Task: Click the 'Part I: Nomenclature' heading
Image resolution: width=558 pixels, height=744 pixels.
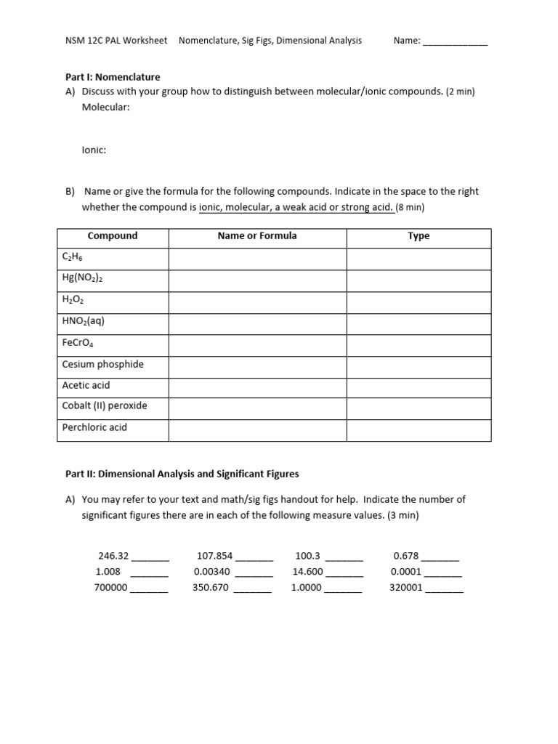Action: pos(113,76)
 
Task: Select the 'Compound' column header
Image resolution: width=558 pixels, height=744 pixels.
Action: pos(113,236)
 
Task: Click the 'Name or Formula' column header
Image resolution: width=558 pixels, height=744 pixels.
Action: pos(257,236)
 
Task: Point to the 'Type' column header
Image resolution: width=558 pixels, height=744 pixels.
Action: pos(418,236)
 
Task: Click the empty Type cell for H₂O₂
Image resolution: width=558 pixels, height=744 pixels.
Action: pos(418,299)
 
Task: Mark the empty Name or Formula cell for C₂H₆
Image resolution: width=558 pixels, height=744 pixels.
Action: pos(257,257)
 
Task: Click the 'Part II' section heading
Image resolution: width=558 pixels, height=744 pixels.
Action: pos(182,474)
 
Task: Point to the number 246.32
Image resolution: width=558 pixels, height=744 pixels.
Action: pos(113,556)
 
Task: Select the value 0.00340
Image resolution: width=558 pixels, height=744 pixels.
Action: pos(212,572)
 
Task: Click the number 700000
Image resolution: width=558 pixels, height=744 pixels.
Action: pos(111,588)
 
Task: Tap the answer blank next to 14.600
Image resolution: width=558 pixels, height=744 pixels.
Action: pos(344,574)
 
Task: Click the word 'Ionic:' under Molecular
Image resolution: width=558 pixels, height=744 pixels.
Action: pos(94,150)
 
